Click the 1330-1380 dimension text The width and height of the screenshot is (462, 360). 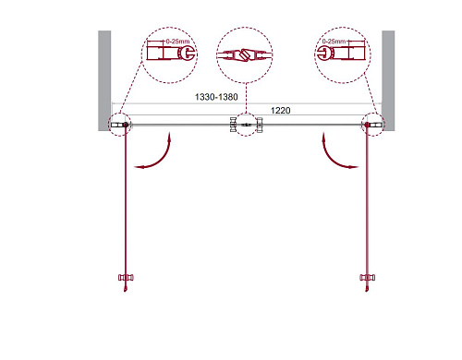click(216, 97)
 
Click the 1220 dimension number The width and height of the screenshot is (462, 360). click(280, 110)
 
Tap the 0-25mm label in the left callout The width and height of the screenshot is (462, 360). click(177, 42)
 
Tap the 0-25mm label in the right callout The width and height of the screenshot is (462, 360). click(334, 42)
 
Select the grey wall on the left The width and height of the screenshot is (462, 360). click(104, 80)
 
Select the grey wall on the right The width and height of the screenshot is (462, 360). click(388, 80)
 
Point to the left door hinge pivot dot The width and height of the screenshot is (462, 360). click(126, 125)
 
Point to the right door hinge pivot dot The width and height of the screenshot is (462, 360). click(367, 125)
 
